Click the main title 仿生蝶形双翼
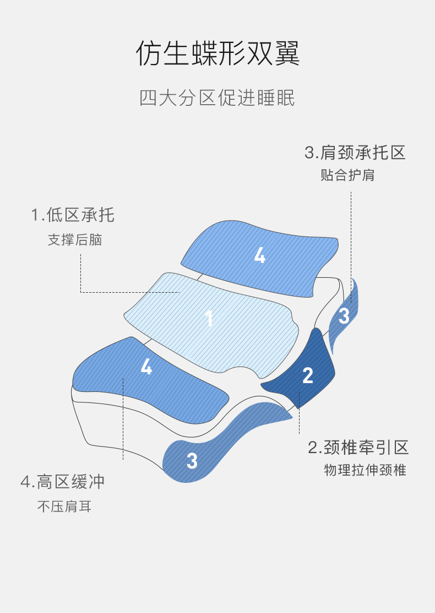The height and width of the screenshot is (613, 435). point(218,53)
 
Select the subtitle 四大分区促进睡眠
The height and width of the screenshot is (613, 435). point(217,98)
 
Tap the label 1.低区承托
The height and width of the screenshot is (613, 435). point(73,215)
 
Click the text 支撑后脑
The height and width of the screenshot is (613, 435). point(75,240)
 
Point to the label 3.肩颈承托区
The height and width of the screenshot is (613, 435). point(355,153)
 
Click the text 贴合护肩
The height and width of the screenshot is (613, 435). point(347,175)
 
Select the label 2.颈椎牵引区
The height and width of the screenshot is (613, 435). point(358,448)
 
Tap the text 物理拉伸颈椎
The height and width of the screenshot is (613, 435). point(365,470)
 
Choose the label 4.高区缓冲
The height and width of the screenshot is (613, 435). point(62,482)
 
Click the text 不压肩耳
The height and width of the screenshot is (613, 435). point(64,507)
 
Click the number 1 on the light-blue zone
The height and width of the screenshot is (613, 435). point(209,318)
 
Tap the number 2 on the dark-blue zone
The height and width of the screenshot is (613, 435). point(308,375)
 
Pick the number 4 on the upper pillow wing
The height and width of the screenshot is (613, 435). point(260,256)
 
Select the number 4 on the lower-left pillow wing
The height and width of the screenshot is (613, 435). point(146,367)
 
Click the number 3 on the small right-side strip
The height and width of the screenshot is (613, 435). point(344,316)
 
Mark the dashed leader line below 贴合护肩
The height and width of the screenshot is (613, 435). point(351,247)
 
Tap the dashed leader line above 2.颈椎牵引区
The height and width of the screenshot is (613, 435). point(299,412)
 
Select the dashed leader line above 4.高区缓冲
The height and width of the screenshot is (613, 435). point(123,419)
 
